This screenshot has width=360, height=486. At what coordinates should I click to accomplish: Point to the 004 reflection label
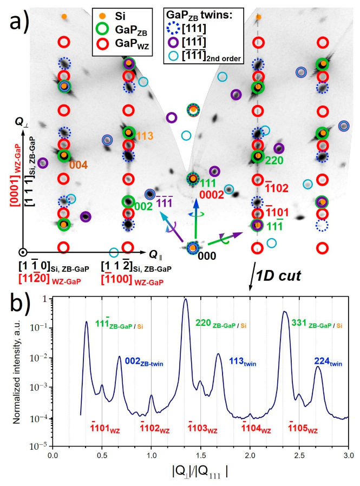tap(77, 165)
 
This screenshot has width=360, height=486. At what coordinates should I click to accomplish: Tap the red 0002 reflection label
tap(211, 194)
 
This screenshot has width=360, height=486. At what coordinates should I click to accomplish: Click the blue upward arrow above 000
tap(197, 208)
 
